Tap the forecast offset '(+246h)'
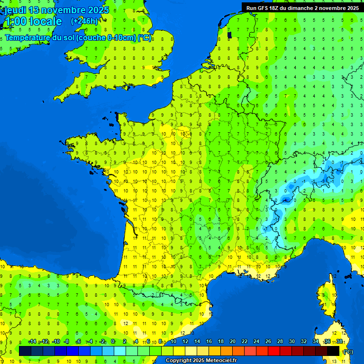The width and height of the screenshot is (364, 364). [84, 21]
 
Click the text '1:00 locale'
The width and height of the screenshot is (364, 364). [33, 21]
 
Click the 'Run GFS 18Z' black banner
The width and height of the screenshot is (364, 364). [302, 8]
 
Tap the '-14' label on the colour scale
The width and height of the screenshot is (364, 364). [32, 341]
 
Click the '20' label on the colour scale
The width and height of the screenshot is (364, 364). [232, 341]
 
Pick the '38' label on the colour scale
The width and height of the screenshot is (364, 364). [339, 341]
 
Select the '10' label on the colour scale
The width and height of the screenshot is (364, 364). [173, 341]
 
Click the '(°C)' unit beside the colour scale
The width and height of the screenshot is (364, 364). [348, 352]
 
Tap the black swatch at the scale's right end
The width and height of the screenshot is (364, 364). [333, 351]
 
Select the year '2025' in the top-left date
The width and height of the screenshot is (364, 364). [98, 10]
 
